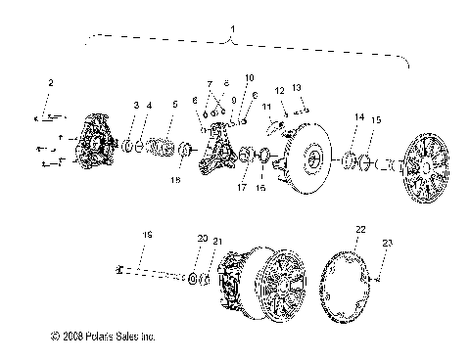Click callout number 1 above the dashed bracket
(x=232, y=32)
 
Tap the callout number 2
(x=52, y=82)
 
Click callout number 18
(x=176, y=180)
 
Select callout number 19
(x=148, y=236)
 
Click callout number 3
(x=136, y=105)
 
